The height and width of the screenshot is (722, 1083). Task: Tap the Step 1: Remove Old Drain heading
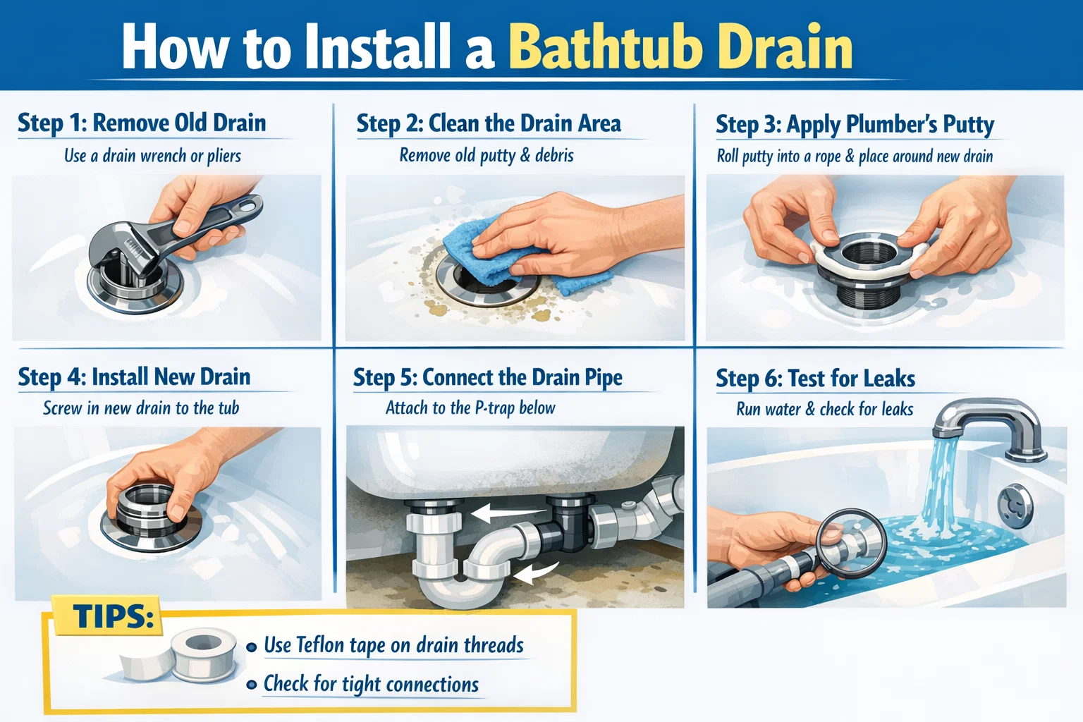[x=142, y=123]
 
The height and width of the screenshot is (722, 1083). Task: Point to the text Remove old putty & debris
[x=487, y=155]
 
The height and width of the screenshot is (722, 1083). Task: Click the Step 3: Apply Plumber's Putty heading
[x=855, y=124]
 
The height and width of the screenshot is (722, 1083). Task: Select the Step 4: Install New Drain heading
[x=134, y=377]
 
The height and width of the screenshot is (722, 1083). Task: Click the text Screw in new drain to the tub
[x=141, y=408]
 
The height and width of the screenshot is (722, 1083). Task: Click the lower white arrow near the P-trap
[x=536, y=574]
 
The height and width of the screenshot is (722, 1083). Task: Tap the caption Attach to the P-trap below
[x=470, y=408]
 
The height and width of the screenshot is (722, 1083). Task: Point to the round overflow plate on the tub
[x=1015, y=505]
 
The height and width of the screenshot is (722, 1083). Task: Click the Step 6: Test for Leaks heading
[x=815, y=378]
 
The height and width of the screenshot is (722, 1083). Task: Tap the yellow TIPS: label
[x=113, y=616]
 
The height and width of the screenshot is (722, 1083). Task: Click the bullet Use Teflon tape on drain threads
[x=393, y=645]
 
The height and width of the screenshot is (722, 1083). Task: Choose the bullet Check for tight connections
[x=371, y=684]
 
